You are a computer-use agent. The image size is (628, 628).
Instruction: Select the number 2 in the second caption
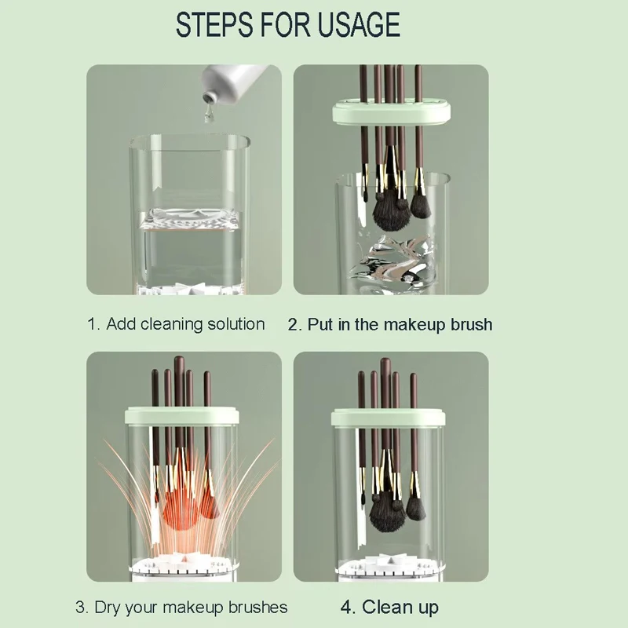point(293,324)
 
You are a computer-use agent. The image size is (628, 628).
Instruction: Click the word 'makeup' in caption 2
point(415,324)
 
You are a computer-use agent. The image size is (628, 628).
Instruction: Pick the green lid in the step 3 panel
point(182,414)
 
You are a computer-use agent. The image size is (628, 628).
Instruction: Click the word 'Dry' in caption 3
point(107,607)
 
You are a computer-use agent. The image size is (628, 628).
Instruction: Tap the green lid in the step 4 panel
point(388,417)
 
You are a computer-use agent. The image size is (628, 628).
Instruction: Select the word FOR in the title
point(285,24)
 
